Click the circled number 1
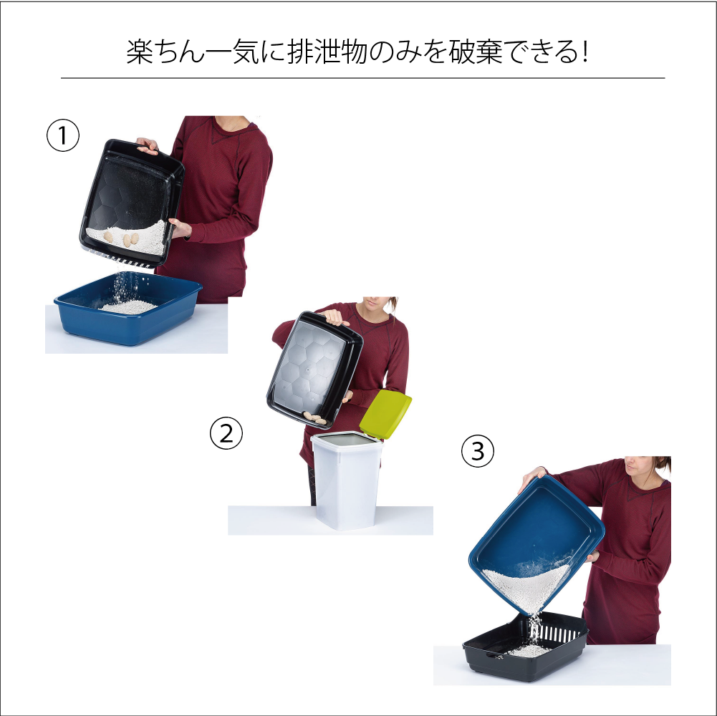point(63,135)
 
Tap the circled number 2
point(226,433)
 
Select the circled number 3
point(478,451)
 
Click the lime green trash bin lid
point(385,414)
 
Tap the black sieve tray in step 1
point(132,203)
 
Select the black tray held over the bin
point(314,369)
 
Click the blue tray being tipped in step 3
point(536,544)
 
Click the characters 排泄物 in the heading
point(327,52)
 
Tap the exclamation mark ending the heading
point(585,52)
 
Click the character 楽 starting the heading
point(140,52)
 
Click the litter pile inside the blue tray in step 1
point(128,306)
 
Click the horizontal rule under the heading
point(362,78)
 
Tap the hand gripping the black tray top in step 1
point(148,145)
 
